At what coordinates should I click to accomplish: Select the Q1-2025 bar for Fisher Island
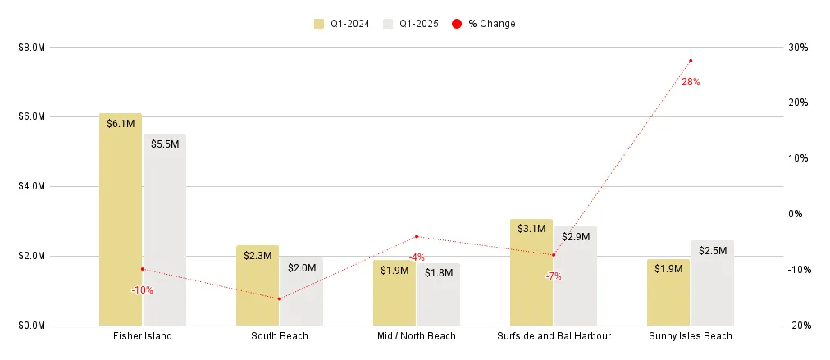point(165,230)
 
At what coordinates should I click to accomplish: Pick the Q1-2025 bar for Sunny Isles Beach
point(713,283)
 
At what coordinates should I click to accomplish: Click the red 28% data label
point(691,82)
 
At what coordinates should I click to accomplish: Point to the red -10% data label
point(142,289)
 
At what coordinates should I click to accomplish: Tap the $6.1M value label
point(121,124)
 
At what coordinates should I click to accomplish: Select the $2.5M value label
point(713,251)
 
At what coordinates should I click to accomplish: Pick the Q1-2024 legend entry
point(342,24)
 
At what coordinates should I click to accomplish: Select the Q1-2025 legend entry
point(411,24)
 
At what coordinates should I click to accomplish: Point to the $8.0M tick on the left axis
point(30,48)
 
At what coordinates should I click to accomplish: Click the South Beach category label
point(280,336)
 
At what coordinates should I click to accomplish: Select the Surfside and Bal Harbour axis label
point(554,336)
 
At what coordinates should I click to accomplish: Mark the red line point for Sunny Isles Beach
point(691,61)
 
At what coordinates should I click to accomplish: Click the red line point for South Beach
point(280,298)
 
